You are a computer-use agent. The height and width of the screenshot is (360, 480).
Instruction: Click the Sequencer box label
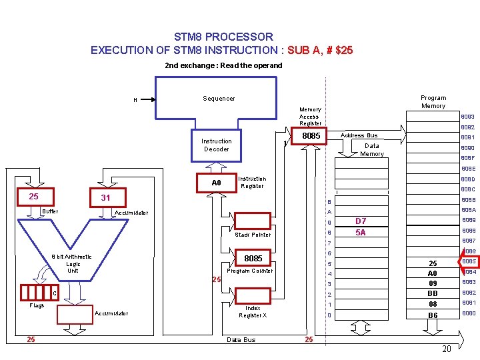219,99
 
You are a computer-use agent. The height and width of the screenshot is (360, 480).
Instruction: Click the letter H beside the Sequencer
135,101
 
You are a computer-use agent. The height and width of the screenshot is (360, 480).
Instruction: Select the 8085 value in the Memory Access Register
312,136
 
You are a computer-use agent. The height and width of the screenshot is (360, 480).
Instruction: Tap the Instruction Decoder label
217,145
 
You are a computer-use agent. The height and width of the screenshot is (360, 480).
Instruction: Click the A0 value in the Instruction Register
216,183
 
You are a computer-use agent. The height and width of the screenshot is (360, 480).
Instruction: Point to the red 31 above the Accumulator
105,198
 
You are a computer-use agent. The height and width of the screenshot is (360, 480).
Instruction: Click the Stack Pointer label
253,235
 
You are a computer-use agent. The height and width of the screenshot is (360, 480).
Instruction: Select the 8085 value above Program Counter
253,258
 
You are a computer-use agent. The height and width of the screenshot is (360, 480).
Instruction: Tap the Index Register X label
253,312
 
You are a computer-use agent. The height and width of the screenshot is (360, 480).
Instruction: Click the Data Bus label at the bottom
241,340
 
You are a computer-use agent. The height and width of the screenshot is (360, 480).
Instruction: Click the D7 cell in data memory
361,221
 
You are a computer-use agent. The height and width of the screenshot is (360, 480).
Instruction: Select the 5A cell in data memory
361,233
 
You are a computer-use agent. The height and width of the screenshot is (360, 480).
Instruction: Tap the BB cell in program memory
433,293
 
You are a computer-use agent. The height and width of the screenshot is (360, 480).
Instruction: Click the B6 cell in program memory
433,315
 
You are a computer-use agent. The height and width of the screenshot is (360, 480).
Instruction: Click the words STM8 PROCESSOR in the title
223,37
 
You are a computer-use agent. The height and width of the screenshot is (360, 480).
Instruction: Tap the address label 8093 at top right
467,117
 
